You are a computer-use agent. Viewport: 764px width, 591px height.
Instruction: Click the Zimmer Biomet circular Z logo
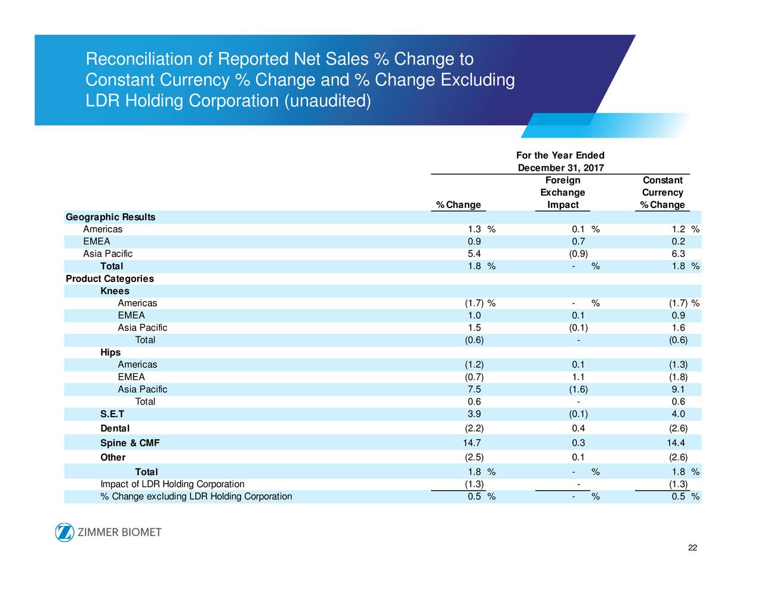click(x=64, y=532)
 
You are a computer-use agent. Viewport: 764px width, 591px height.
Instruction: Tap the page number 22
click(x=692, y=548)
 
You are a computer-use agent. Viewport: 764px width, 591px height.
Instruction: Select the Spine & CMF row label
click(x=130, y=443)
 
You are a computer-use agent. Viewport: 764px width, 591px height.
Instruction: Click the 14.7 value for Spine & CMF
click(x=472, y=443)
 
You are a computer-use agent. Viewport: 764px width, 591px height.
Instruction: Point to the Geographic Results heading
click(x=110, y=217)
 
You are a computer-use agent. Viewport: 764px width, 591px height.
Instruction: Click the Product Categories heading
click(x=110, y=278)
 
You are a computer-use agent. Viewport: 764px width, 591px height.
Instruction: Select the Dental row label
click(x=115, y=428)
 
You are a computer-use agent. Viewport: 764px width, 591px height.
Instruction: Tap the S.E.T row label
click(x=112, y=414)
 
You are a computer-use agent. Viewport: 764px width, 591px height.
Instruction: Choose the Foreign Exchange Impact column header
click(x=562, y=192)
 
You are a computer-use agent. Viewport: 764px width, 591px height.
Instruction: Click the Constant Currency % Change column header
click(x=662, y=192)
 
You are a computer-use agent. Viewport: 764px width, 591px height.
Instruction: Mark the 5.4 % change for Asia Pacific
click(x=475, y=254)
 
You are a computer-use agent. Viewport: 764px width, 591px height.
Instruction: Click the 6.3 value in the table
click(x=678, y=254)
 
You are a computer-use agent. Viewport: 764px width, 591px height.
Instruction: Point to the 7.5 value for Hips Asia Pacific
click(x=475, y=389)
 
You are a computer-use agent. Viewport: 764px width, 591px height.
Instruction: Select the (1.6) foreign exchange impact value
click(x=578, y=389)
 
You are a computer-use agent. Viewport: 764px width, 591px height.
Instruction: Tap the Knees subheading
click(x=115, y=291)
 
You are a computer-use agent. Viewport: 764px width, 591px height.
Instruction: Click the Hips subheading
click(x=110, y=353)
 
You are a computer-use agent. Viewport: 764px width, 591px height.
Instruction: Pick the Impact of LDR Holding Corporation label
click(x=172, y=484)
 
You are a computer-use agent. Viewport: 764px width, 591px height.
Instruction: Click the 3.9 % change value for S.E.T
click(x=475, y=414)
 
